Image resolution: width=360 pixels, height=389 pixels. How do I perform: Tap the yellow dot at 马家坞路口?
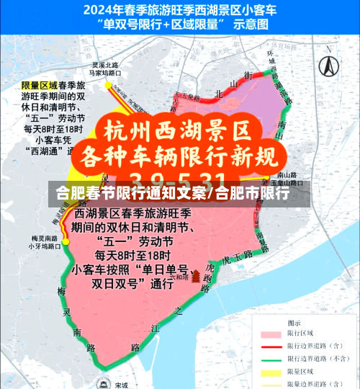(109, 84)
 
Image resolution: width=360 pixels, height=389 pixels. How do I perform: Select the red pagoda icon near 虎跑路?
(195, 277)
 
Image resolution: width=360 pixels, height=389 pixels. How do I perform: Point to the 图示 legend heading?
(295, 323)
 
